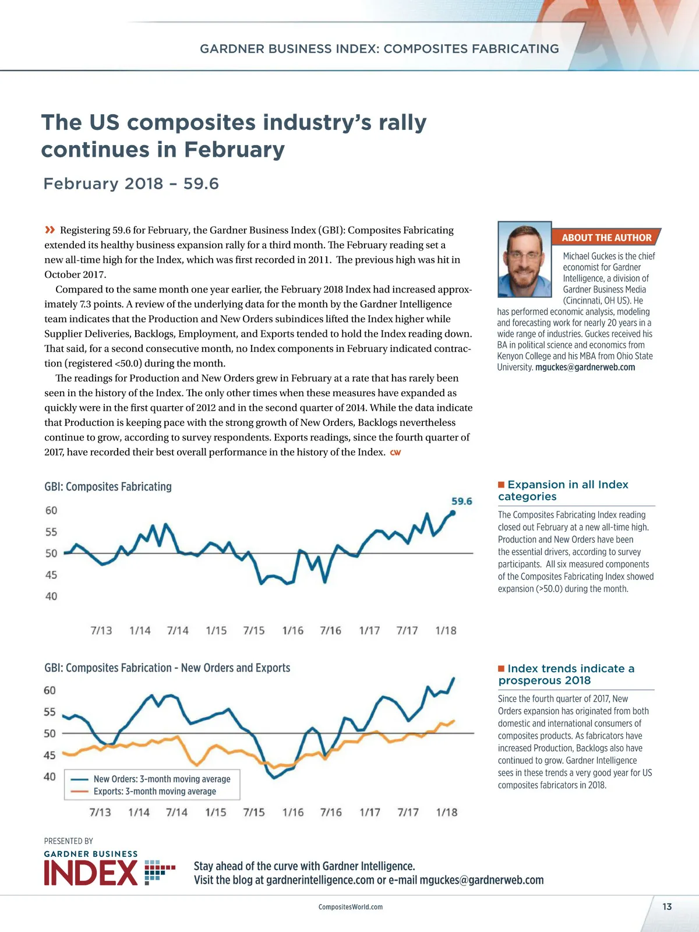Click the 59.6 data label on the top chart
pos(461,501)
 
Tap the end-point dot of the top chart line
pos(453,513)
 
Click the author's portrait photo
pos(524,259)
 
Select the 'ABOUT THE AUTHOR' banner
pos(606,238)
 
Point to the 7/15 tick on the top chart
pos(253,630)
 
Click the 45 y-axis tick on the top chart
pos(51,575)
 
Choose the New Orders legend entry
pos(161,779)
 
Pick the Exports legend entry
pos(154,791)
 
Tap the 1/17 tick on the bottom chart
pos(369,812)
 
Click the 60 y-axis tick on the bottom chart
pos(50,690)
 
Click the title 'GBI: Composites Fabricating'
pos(108,486)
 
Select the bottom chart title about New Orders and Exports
pos(167,668)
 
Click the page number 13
pos(667,906)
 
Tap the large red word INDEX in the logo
pos(91,873)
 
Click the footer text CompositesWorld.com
pos(350,907)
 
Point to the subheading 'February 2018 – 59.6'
pos(131,183)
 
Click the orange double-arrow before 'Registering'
pos(50,230)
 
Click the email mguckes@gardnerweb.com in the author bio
pos(585,367)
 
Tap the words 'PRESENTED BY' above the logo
pos(68,841)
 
